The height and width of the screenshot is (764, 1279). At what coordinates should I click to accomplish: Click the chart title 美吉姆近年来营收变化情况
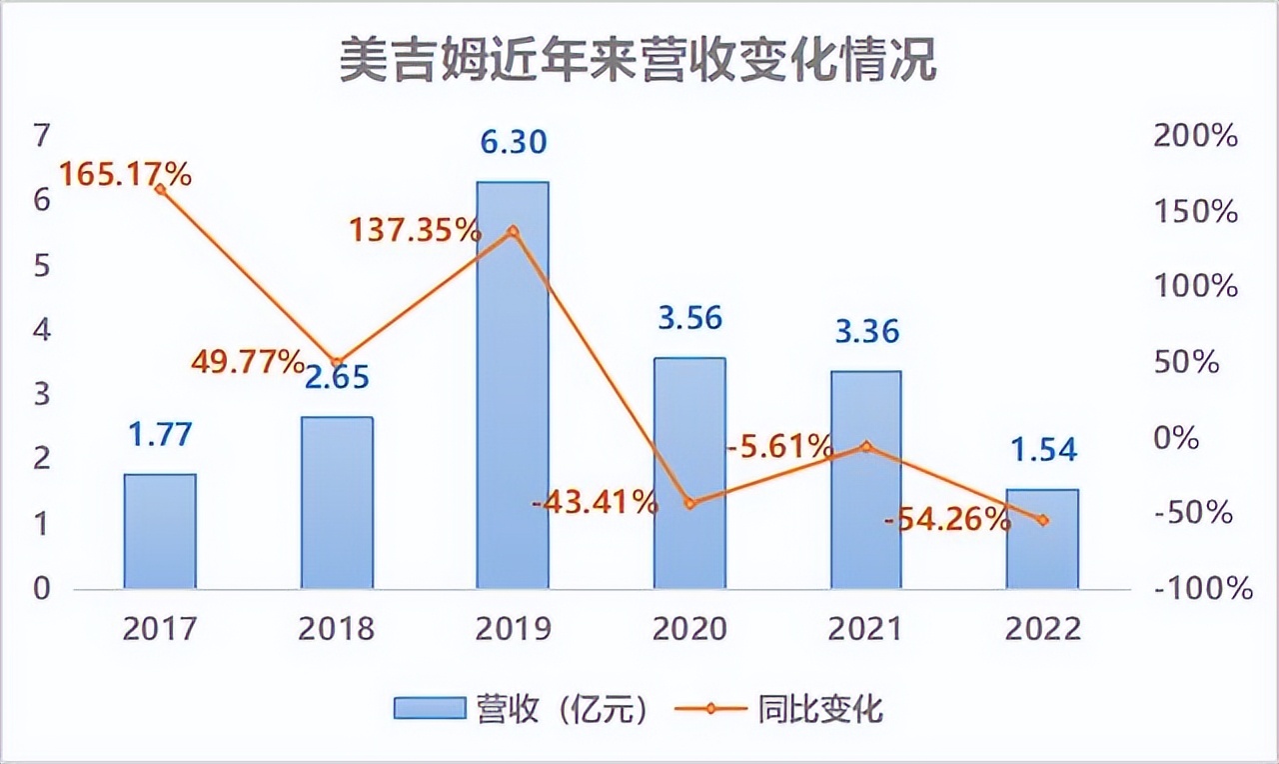tap(638, 62)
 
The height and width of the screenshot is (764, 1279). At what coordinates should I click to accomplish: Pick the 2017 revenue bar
tap(160, 531)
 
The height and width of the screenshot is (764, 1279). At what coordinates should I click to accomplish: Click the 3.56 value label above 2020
tap(689, 319)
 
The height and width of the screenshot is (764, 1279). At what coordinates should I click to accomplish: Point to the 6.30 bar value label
tap(513, 143)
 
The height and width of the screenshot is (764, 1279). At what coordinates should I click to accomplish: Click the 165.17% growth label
tap(125, 174)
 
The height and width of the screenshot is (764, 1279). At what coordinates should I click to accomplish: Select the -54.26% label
tap(947, 519)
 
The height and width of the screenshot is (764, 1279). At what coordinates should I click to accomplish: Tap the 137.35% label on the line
tap(415, 231)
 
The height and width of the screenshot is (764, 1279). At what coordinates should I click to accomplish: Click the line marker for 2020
tap(689, 503)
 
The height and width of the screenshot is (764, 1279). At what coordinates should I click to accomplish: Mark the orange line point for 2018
tap(337, 362)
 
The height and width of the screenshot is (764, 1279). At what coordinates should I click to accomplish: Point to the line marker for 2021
tap(866, 446)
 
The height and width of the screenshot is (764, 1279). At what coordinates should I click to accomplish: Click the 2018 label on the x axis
tap(336, 629)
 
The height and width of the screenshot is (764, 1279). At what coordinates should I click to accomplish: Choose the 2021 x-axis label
tap(865, 629)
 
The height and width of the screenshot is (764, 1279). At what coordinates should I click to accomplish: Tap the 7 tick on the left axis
tap(42, 135)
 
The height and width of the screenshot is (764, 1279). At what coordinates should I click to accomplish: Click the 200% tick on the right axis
tap(1195, 136)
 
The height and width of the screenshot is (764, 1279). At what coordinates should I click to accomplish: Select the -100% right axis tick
tap(1201, 588)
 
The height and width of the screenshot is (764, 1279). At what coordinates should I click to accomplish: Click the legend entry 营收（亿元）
tap(525, 709)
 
